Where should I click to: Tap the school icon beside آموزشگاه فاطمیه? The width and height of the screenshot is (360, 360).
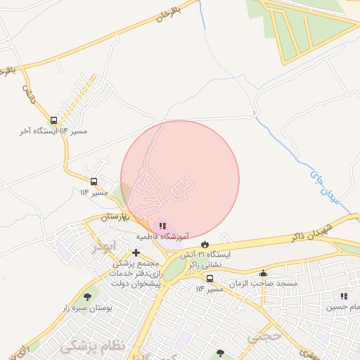162,226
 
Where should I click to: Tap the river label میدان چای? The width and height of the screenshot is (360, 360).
326,187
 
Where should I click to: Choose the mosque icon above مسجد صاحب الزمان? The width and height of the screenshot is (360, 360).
264,274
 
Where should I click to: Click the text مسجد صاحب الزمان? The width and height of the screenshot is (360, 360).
267,283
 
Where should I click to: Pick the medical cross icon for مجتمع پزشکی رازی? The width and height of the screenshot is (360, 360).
136,252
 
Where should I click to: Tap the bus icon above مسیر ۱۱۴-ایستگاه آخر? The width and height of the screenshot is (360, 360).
54,120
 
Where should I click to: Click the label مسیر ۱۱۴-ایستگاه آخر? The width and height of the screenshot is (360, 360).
48,131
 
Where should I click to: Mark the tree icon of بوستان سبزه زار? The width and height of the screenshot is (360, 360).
88,297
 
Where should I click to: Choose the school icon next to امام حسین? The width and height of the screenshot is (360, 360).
343,297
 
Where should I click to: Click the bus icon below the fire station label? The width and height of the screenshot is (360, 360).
210,278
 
